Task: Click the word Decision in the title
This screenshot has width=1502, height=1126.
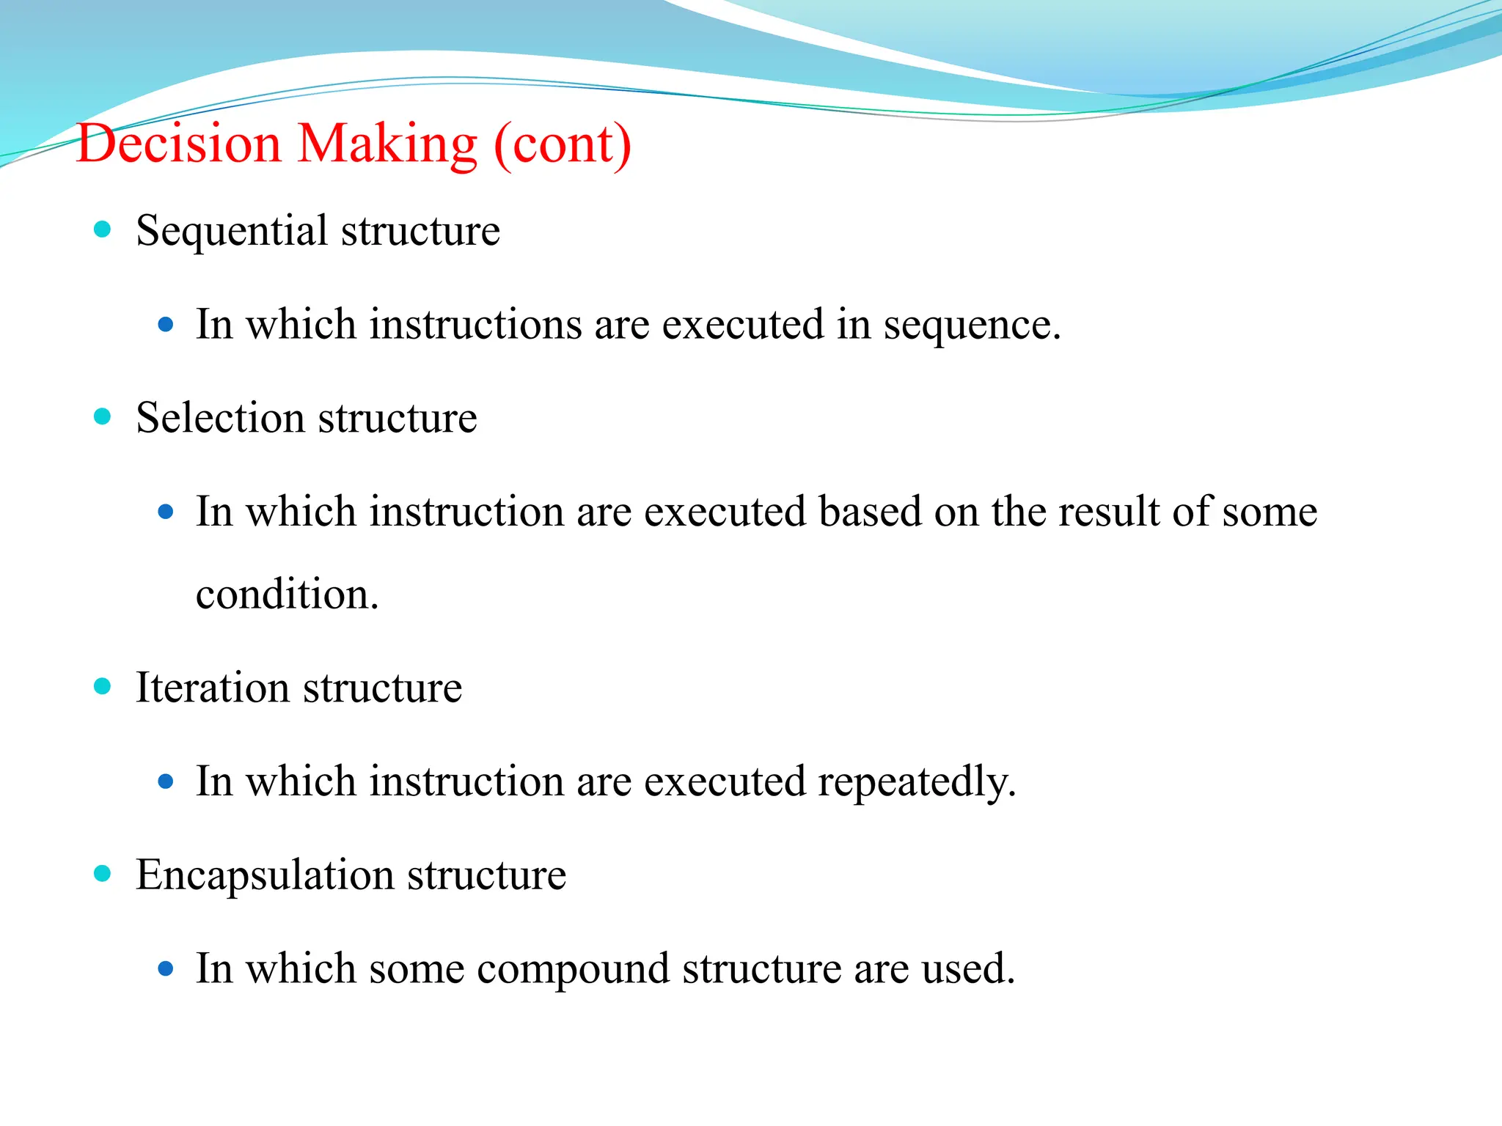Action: [179, 144]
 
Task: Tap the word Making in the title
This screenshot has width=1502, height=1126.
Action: [387, 144]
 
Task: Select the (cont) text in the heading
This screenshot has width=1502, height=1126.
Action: [563, 145]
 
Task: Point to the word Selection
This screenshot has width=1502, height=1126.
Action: [220, 419]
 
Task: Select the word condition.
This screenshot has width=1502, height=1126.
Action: [287, 595]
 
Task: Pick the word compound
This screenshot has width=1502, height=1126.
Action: [573, 969]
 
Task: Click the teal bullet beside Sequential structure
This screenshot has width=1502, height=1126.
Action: [103, 229]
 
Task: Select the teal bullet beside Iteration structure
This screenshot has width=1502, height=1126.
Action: [103, 687]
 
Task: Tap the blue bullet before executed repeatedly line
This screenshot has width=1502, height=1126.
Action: [166, 782]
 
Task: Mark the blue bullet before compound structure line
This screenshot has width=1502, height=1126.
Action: [166, 970]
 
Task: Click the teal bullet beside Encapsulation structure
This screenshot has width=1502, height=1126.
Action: [103, 874]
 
